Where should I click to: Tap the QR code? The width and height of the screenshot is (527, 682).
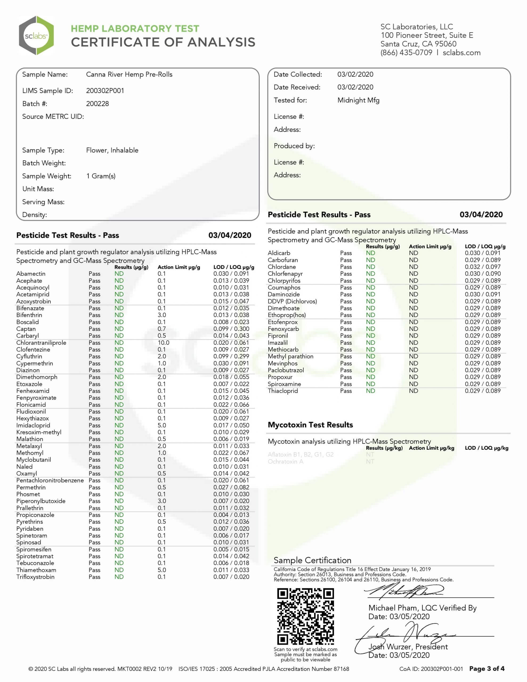(305, 616)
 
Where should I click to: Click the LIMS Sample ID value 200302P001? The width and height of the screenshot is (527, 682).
(105, 91)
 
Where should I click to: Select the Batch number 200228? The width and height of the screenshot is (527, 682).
(98, 104)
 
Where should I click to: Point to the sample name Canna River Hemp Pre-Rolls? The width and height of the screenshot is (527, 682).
(129, 75)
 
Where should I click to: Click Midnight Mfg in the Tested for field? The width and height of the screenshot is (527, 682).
(358, 100)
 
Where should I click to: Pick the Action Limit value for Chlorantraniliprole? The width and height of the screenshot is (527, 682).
(163, 343)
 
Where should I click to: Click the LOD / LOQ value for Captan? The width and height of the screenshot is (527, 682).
(231, 329)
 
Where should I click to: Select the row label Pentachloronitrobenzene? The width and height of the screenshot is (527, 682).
(50, 480)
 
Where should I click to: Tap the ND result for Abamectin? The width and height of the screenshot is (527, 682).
(119, 274)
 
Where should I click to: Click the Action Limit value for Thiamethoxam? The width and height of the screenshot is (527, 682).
(162, 570)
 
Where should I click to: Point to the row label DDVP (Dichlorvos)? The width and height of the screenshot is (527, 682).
(292, 301)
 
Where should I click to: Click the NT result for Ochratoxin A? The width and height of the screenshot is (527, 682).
(370, 461)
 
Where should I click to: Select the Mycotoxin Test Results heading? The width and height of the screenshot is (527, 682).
(310, 425)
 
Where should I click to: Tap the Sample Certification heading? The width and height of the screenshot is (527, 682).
(312, 560)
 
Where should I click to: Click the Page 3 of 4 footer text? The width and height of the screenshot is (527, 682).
(487, 669)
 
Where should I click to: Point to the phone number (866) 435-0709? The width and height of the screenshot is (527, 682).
(406, 53)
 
